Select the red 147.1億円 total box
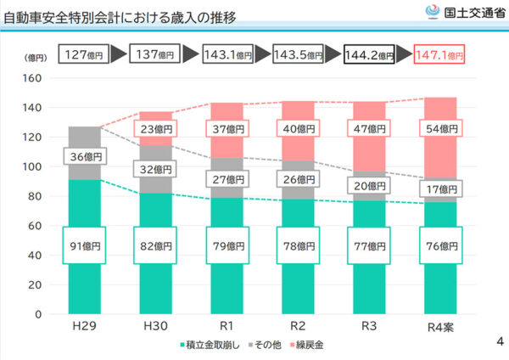pyautogui.click(x=439, y=55)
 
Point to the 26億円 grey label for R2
pyautogui.click(x=299, y=179)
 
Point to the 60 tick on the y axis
pyautogui.click(x=34, y=226)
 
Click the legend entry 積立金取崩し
pyautogui.click(x=212, y=346)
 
